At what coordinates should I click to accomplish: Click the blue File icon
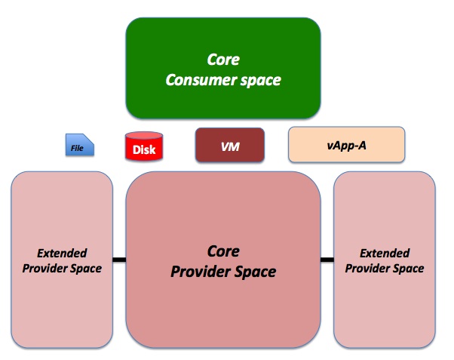pos(80,145)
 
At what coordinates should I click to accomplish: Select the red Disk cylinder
pos(144,146)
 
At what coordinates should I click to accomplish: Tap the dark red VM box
pos(230,145)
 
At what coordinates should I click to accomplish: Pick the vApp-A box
pos(347,144)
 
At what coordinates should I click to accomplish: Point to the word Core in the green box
pos(223,60)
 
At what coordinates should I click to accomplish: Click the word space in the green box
pos(261,81)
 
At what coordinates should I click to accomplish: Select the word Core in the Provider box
pos(223,251)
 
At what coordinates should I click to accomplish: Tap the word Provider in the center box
pos(201,272)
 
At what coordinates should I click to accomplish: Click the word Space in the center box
pos(256,272)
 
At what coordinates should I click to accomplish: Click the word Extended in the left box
pos(62,254)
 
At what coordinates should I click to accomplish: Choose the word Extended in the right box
pos(385,254)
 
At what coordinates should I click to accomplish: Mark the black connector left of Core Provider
pos(119,260)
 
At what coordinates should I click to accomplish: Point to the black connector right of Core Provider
pos(327,260)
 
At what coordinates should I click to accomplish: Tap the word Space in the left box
pos(86,269)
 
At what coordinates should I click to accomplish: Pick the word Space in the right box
pos(409,269)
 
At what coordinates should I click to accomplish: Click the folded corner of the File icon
pos(89,139)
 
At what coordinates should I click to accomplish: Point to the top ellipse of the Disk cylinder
pos(144,136)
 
